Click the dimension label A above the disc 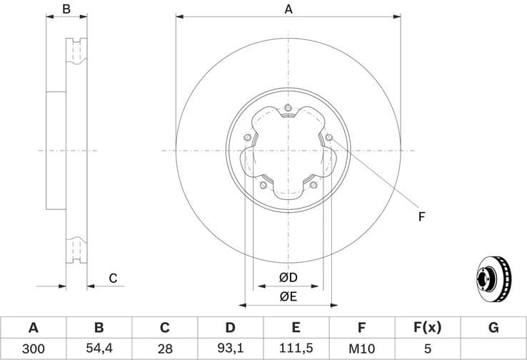point(288,9)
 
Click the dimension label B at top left point(66,9)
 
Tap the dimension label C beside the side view point(113,279)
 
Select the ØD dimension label point(288,277)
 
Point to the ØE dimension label point(288,295)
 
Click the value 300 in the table point(33,349)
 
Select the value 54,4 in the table point(99,349)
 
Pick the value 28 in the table point(164,349)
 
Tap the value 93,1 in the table point(230,349)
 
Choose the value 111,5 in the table point(296,349)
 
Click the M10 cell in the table point(361,349)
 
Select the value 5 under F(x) point(427,349)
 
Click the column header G point(493,329)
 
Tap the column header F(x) point(427,329)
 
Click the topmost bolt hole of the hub point(288,109)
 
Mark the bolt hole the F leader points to point(328,138)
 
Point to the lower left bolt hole point(263,186)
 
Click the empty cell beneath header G point(493,349)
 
